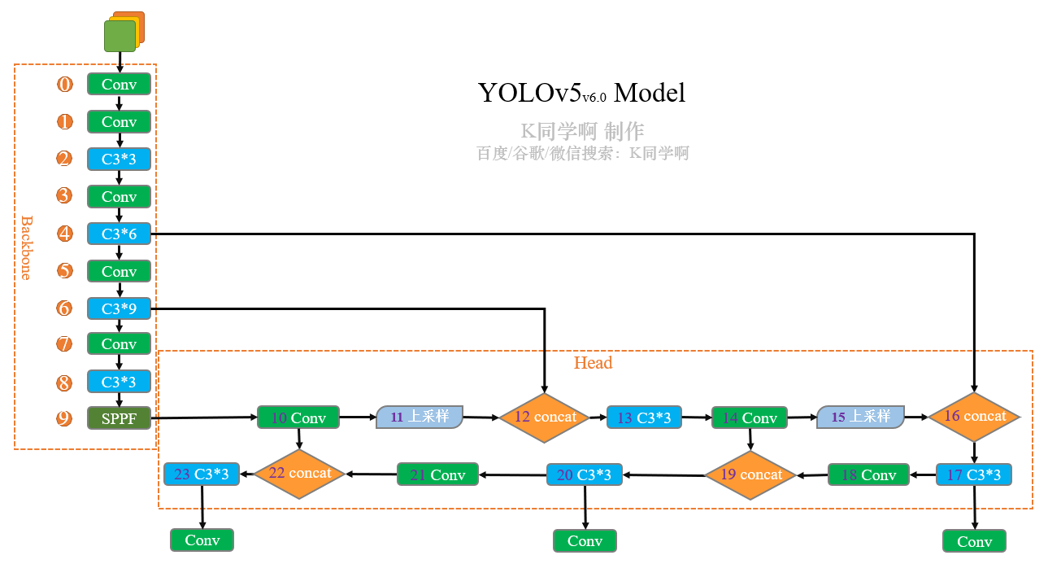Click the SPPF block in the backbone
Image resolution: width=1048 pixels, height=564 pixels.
pyautogui.click(x=119, y=418)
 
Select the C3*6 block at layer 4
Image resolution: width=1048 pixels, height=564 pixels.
pyautogui.click(x=119, y=234)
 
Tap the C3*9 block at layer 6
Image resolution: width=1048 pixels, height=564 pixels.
pyautogui.click(x=119, y=308)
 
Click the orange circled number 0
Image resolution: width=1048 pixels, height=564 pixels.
pyautogui.click(x=64, y=84)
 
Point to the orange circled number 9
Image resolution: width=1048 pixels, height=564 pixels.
pyautogui.click(x=64, y=418)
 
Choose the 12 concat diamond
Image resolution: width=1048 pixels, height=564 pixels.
pyautogui.click(x=544, y=417)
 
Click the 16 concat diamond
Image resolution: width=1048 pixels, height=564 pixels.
pyautogui.click(x=974, y=416)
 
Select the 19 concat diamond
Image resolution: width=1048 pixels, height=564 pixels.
pyautogui.click(x=750, y=474)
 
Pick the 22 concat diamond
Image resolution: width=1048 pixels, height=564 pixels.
pyautogui.click(x=299, y=473)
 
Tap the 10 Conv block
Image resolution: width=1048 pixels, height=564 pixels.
pyautogui.click(x=298, y=418)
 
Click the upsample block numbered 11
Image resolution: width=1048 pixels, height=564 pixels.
pyautogui.click(x=420, y=417)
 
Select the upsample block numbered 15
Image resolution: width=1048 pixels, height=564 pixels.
pyautogui.click(x=860, y=417)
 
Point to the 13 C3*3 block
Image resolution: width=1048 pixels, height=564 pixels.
pyautogui.click(x=644, y=418)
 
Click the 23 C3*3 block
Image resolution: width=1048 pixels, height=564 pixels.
pyautogui.click(x=201, y=474)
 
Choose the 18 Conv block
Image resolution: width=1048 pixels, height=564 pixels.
pyautogui.click(x=868, y=474)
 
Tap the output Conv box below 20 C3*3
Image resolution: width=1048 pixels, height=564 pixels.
pyautogui.click(x=585, y=540)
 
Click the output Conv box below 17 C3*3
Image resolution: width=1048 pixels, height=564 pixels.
pyautogui.click(x=974, y=541)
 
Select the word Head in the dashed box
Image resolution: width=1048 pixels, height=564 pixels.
pyautogui.click(x=593, y=363)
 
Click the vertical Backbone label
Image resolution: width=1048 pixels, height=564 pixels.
pyautogui.click(x=26, y=247)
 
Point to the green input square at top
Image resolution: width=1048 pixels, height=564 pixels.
pyautogui.click(x=120, y=36)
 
